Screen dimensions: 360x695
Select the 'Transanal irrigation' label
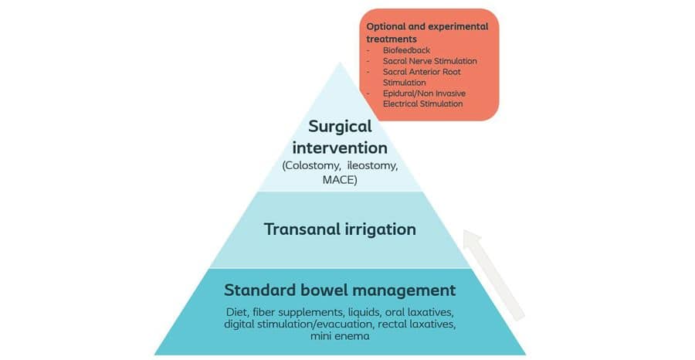pos(340,229)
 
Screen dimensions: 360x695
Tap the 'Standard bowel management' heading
pos(340,291)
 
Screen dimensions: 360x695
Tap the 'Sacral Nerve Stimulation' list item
pos(429,61)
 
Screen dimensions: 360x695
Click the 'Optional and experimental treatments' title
pos(426,32)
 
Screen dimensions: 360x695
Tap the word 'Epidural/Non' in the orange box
pos(410,93)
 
